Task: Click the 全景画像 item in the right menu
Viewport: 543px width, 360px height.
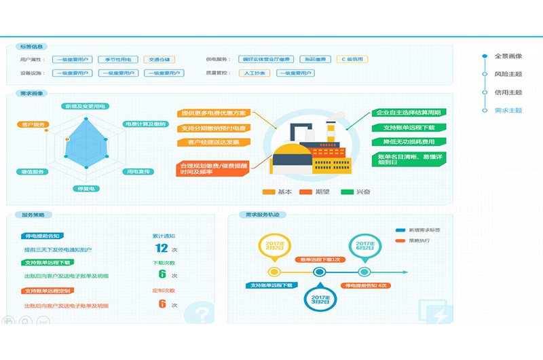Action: tap(508, 56)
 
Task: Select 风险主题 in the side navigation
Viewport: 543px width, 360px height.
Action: tap(508, 74)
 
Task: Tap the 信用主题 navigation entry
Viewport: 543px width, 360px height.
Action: tap(508, 92)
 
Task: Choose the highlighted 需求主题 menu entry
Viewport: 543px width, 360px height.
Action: tap(508, 110)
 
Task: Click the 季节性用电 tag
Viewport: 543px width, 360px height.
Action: tap(118, 59)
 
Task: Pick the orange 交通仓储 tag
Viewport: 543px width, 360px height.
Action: tap(159, 59)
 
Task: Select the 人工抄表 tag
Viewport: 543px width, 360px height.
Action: tap(252, 73)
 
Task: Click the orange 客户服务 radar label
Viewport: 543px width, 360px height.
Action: tap(32, 124)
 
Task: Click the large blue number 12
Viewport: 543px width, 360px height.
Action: tap(162, 248)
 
